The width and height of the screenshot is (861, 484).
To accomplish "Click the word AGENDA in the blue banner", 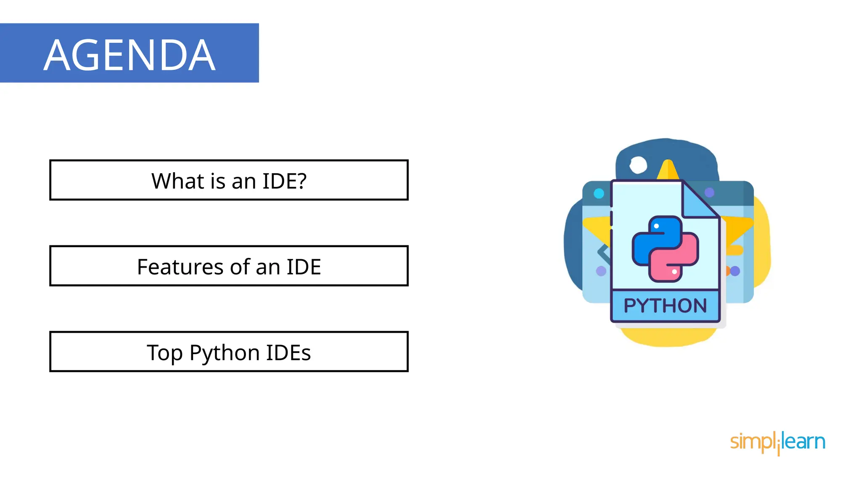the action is coord(129,55).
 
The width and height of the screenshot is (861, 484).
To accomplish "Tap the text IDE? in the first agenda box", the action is coord(285,181).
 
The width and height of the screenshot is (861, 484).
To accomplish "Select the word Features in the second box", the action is coord(180,267).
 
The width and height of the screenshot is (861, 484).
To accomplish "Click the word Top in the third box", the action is coord(164,353).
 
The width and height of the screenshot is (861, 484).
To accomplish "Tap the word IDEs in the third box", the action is coord(288,352).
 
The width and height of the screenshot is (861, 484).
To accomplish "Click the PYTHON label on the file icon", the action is coord(665,306).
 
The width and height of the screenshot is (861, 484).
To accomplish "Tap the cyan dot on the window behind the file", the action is coord(599,193).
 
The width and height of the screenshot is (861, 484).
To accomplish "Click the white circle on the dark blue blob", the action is coord(638,165).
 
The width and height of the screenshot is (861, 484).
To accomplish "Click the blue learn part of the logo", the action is coord(804,442).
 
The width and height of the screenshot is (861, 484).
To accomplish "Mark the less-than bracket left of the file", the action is coord(604,253).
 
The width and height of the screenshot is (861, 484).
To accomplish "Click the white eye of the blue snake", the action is coord(656,226).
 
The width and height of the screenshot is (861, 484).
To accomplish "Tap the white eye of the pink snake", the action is coord(674,272).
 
